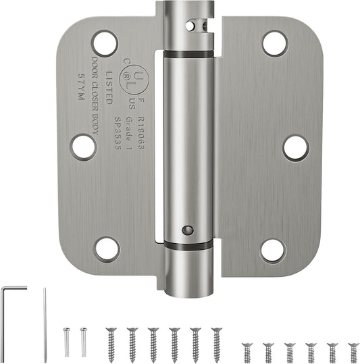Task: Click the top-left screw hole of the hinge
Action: click(x=105, y=43)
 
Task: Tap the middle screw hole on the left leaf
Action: click(x=82, y=146)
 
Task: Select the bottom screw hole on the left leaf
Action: click(x=107, y=249)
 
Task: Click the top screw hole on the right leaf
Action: click(x=274, y=44)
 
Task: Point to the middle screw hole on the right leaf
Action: click(x=295, y=147)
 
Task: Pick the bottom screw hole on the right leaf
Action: click(x=273, y=250)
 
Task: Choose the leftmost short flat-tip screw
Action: click(x=247, y=352)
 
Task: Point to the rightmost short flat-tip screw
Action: click(x=351, y=352)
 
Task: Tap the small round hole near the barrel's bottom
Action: click(x=188, y=231)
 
